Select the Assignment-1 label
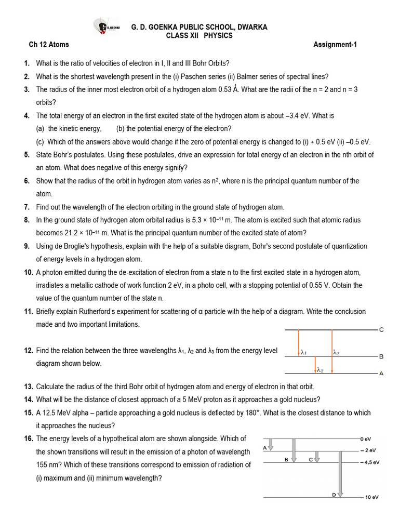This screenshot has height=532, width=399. click(335, 45)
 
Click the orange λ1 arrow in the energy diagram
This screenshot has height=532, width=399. click(299, 343)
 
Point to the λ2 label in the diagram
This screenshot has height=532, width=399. click(320, 370)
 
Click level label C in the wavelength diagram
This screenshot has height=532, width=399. click(381, 330)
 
